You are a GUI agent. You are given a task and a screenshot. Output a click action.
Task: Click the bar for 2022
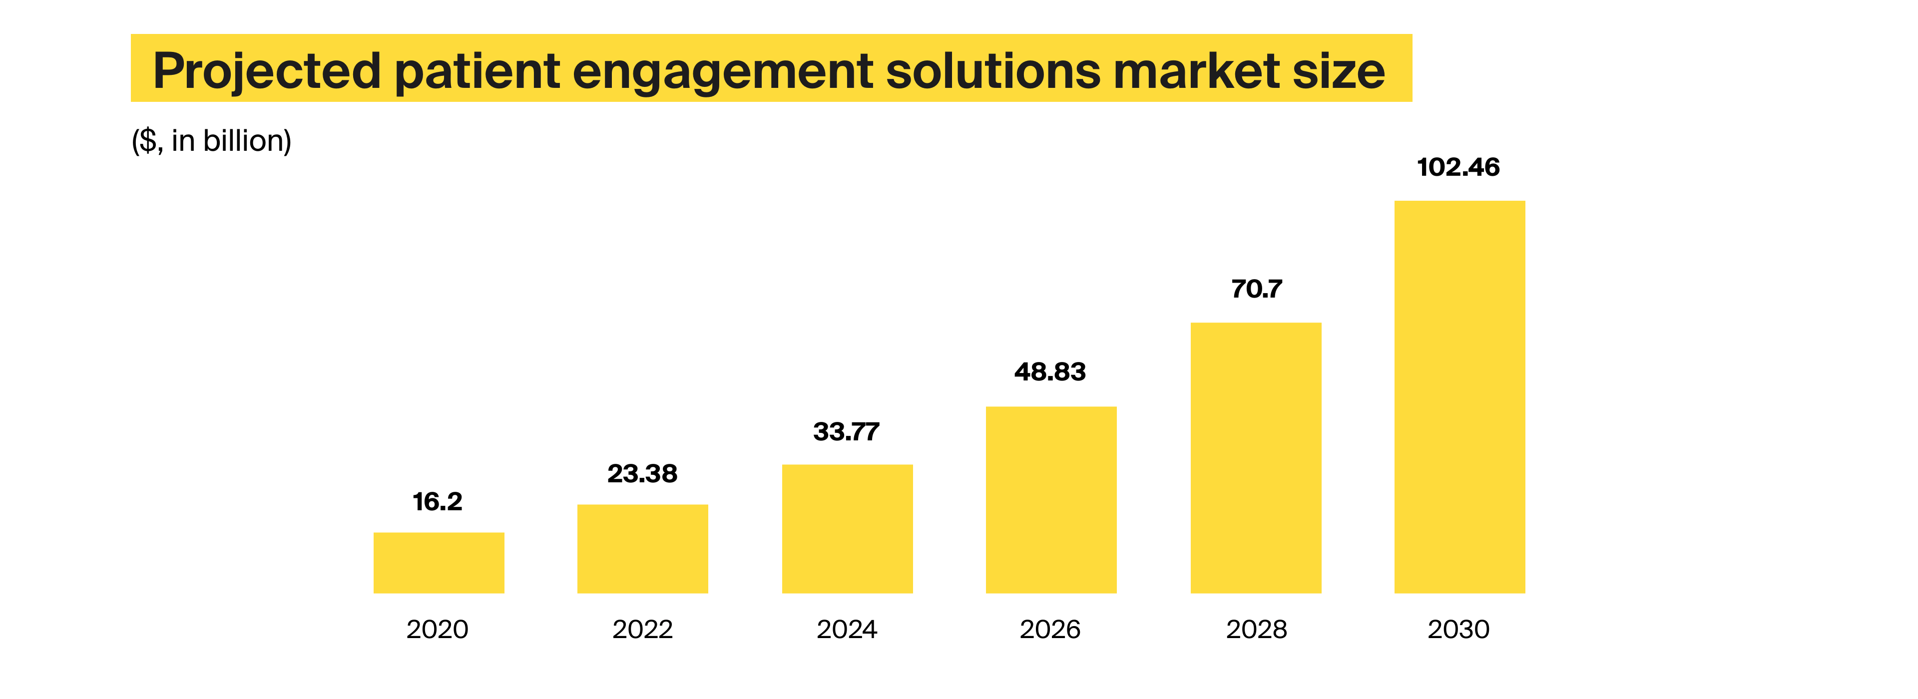(642, 549)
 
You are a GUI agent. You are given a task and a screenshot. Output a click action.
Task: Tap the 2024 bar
(847, 529)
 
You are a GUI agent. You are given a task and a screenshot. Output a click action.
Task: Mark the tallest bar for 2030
(1459, 397)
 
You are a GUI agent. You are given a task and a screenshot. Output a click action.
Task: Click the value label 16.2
(438, 502)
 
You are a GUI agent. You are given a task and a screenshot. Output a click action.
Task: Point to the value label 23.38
(642, 473)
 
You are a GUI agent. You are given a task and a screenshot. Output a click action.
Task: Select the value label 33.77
(847, 432)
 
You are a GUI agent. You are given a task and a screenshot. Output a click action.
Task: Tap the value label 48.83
(1050, 371)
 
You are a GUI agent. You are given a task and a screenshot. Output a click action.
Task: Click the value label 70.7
(1256, 289)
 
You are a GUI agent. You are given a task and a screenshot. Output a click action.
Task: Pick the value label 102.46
(1458, 167)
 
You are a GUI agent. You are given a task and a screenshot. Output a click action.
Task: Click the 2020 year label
(438, 630)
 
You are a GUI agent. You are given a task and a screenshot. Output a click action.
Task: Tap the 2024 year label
(847, 630)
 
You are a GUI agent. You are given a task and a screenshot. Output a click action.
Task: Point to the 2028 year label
(1256, 630)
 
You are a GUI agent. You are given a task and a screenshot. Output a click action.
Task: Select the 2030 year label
(1458, 630)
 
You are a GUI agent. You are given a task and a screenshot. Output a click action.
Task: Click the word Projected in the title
(267, 71)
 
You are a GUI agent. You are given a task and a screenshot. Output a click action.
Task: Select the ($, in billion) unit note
(211, 141)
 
